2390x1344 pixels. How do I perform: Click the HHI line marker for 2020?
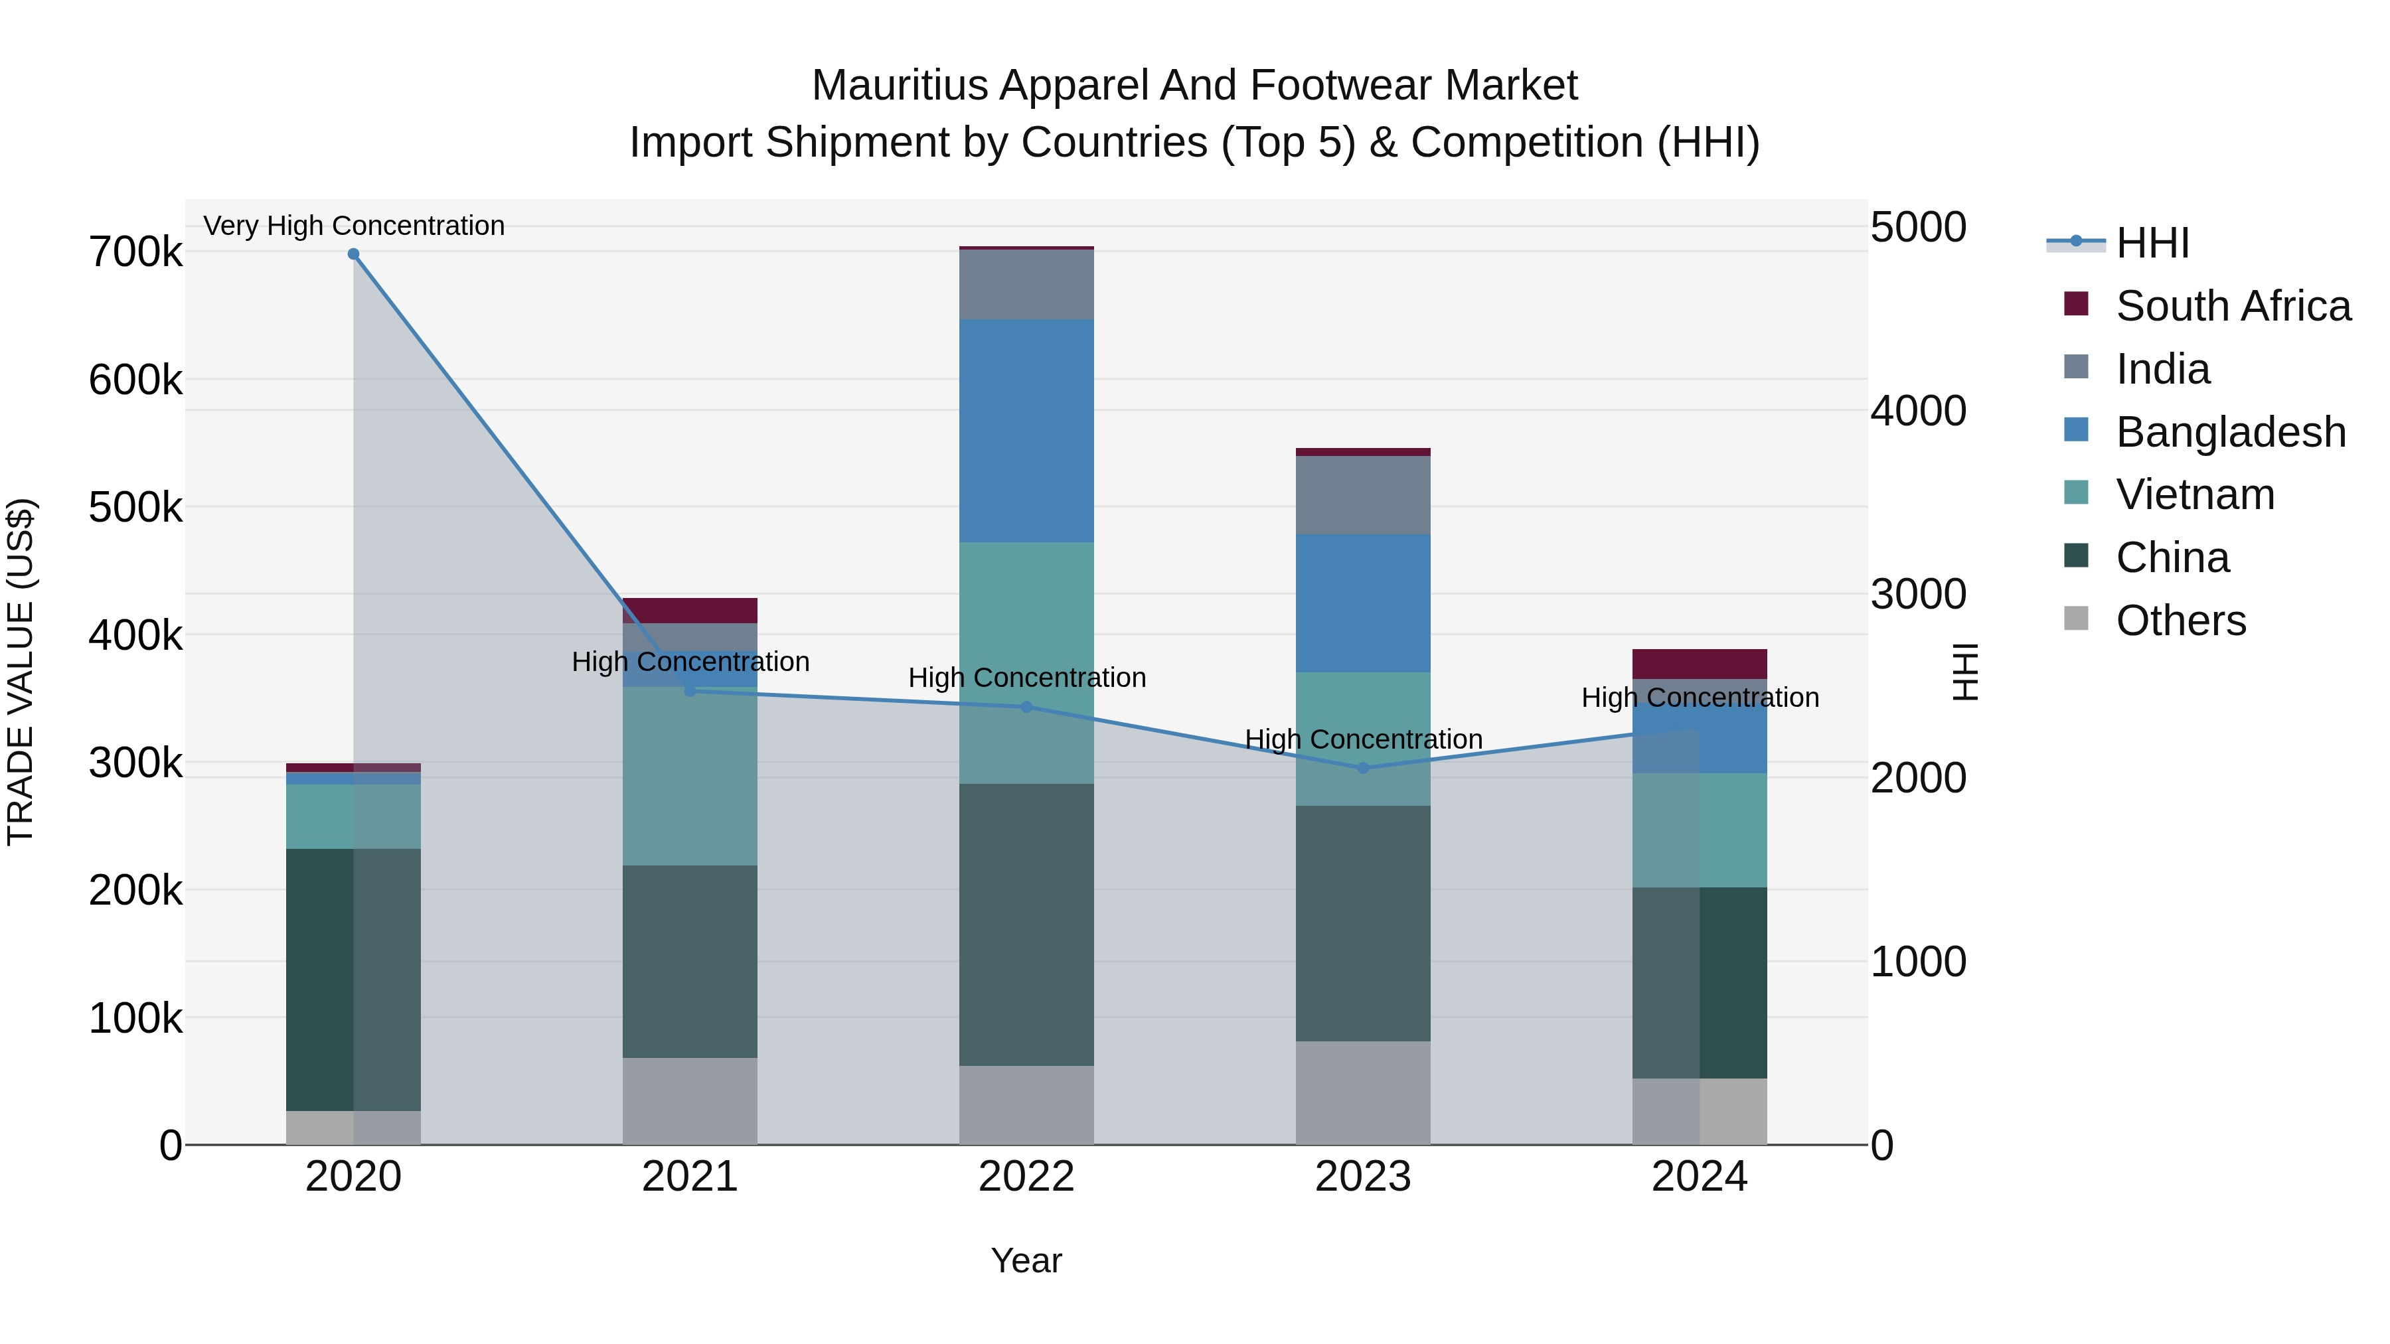[353, 254]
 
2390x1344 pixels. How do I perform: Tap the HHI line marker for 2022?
[1026, 707]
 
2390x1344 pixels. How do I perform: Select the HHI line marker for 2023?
[1363, 768]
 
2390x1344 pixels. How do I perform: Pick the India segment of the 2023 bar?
[1363, 494]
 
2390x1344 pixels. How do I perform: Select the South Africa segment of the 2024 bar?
[1700, 664]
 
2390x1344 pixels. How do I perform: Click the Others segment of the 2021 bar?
[689, 1101]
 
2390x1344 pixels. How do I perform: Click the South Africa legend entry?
[2232, 306]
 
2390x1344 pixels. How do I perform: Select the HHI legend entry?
[2152, 243]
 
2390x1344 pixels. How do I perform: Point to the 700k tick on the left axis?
[135, 252]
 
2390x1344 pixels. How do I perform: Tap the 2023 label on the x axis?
[1363, 1177]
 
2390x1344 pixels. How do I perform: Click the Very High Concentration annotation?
[353, 226]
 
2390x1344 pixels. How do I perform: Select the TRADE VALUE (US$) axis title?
[21, 672]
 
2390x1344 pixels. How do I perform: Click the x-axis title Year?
[1026, 1260]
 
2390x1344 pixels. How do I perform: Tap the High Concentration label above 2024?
[1700, 698]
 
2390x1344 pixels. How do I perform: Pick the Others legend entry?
[2180, 621]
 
